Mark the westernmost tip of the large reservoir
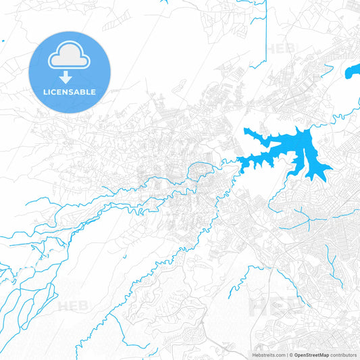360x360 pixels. pos(238,160)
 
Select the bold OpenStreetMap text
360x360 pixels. pos(311,355)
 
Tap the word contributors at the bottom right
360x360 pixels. pos(343,355)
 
